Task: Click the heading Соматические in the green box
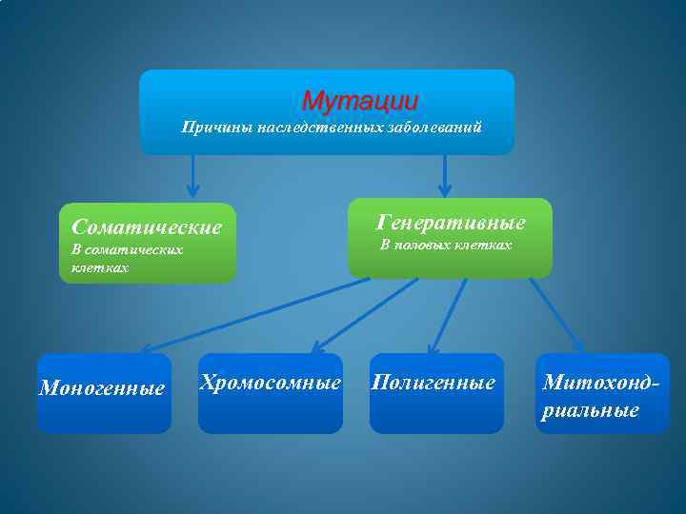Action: pyautogui.click(x=147, y=227)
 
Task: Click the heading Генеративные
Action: pyautogui.click(x=450, y=223)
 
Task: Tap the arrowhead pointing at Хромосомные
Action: pyautogui.click(x=317, y=347)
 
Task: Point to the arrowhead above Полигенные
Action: pyautogui.click(x=434, y=348)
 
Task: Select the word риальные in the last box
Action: pyautogui.click(x=591, y=411)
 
